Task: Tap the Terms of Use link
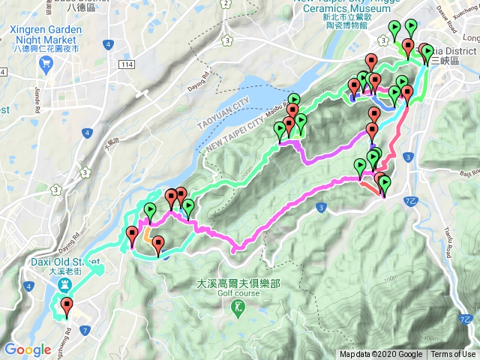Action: point(453,355)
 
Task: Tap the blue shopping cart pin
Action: point(46,64)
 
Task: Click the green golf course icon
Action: point(238,306)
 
